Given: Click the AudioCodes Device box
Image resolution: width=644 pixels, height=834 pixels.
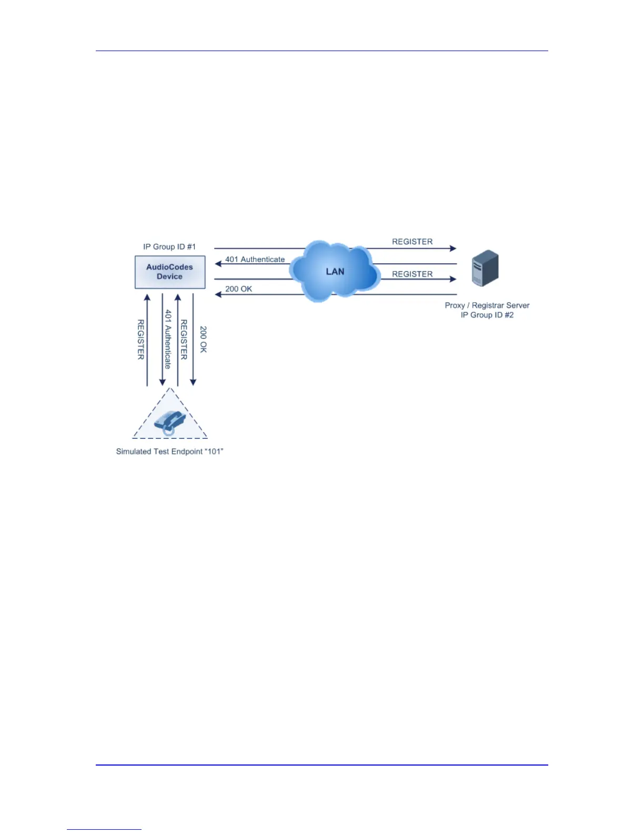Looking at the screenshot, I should (x=170, y=272).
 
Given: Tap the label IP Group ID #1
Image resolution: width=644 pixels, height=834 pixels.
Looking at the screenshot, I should (x=169, y=246).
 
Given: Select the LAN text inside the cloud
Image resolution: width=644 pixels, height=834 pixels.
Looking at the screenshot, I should (x=335, y=271).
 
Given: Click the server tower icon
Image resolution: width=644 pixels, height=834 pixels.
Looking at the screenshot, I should (x=485, y=268).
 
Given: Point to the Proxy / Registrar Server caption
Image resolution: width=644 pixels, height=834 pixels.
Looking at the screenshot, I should (x=487, y=305).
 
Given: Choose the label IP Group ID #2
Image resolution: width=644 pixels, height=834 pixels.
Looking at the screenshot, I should (x=487, y=315).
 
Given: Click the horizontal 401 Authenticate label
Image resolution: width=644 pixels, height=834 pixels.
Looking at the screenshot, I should (x=255, y=259).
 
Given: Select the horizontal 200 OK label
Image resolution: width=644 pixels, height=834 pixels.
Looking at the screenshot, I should (x=239, y=289).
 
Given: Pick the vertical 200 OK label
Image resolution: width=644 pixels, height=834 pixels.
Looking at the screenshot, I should (x=204, y=339).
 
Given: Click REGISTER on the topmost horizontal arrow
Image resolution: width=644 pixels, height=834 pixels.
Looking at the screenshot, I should (x=412, y=242).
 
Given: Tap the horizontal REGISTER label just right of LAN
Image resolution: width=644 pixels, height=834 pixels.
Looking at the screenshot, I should (x=412, y=274).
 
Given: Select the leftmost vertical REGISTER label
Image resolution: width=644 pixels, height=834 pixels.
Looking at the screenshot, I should (x=141, y=339).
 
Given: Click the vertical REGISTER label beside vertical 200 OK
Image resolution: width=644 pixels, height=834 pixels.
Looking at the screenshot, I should (x=184, y=339).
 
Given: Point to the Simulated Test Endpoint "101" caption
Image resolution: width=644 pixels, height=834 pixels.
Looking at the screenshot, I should (x=170, y=451).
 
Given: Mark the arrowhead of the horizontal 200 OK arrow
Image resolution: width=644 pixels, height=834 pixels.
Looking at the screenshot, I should (x=218, y=294).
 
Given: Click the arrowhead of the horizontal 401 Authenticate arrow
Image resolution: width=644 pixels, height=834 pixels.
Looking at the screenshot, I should (x=218, y=264).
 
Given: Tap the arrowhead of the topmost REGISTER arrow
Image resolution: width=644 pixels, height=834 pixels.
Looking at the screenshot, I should (x=453, y=248).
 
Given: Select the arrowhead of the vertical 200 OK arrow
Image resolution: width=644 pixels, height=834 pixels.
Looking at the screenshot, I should (x=193, y=383).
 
